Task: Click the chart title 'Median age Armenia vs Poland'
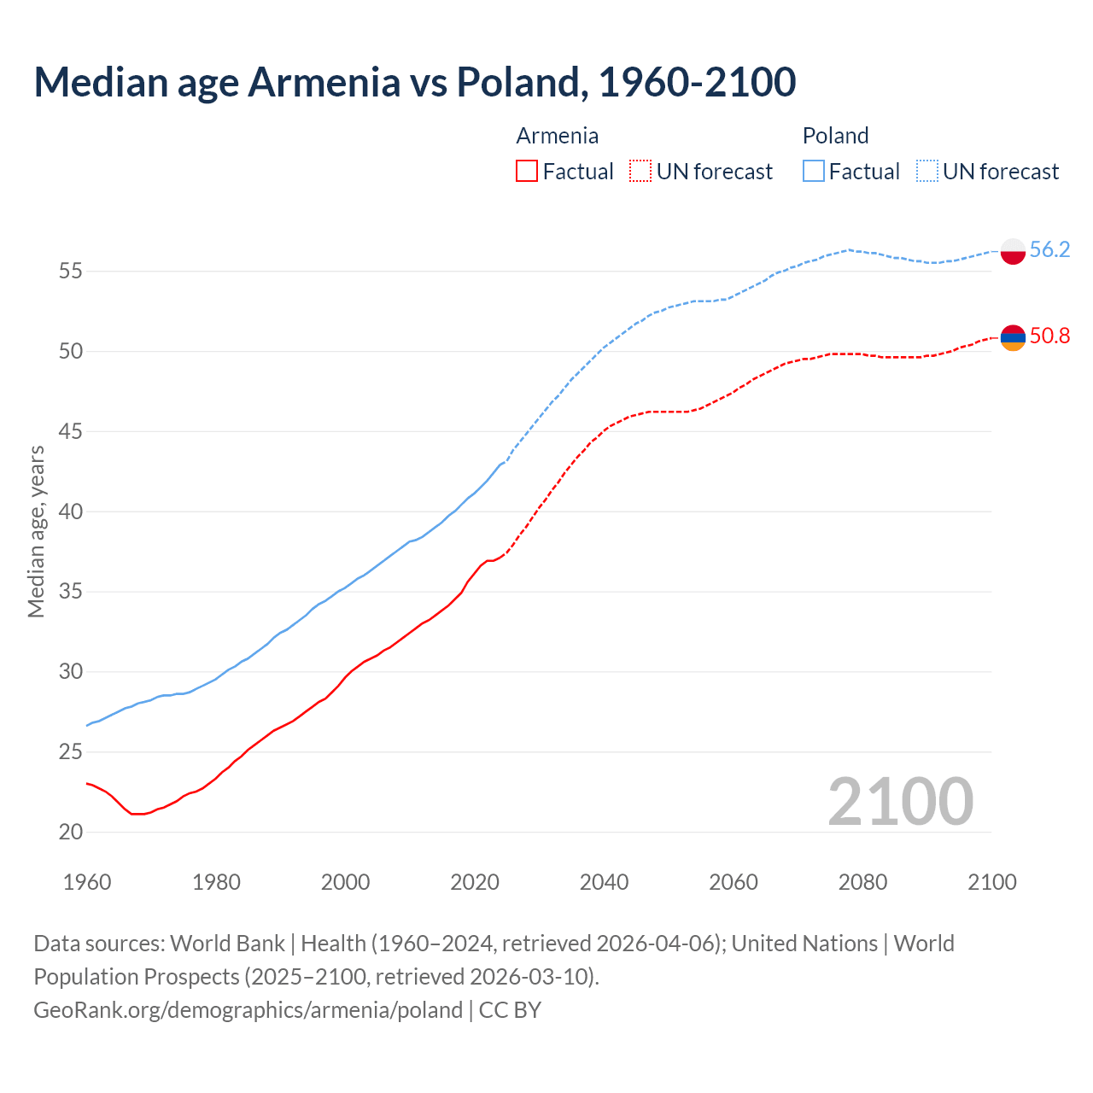(415, 82)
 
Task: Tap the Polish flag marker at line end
(1012, 251)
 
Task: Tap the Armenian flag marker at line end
(1012, 337)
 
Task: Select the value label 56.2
(1049, 249)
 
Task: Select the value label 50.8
(1049, 336)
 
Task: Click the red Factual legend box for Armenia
(527, 172)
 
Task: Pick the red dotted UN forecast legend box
(640, 172)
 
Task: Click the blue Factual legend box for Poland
(814, 172)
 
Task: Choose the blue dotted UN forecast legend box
(927, 172)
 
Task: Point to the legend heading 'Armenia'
(557, 136)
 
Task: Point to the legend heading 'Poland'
(835, 136)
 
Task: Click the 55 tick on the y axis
(70, 272)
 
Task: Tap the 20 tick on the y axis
(70, 832)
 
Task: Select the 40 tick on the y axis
(70, 511)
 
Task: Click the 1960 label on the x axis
(87, 882)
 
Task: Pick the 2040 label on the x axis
(604, 882)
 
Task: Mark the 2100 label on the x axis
(991, 882)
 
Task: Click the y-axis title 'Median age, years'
(36, 531)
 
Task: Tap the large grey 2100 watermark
(900, 801)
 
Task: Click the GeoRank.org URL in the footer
(248, 1009)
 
